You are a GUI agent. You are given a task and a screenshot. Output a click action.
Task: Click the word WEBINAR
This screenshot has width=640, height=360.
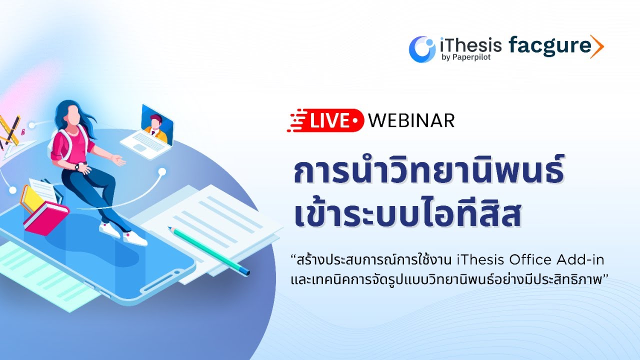point(411,120)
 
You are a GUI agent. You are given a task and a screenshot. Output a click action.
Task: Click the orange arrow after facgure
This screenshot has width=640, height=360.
point(597,46)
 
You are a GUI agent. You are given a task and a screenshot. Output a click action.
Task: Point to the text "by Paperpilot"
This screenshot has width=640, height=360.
point(464,57)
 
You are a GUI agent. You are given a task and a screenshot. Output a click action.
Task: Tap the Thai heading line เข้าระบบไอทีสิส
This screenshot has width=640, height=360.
point(407,215)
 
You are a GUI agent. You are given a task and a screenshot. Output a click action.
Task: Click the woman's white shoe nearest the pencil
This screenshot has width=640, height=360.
point(135,239)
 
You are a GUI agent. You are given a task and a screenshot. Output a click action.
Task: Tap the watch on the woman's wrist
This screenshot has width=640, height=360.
point(78,167)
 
